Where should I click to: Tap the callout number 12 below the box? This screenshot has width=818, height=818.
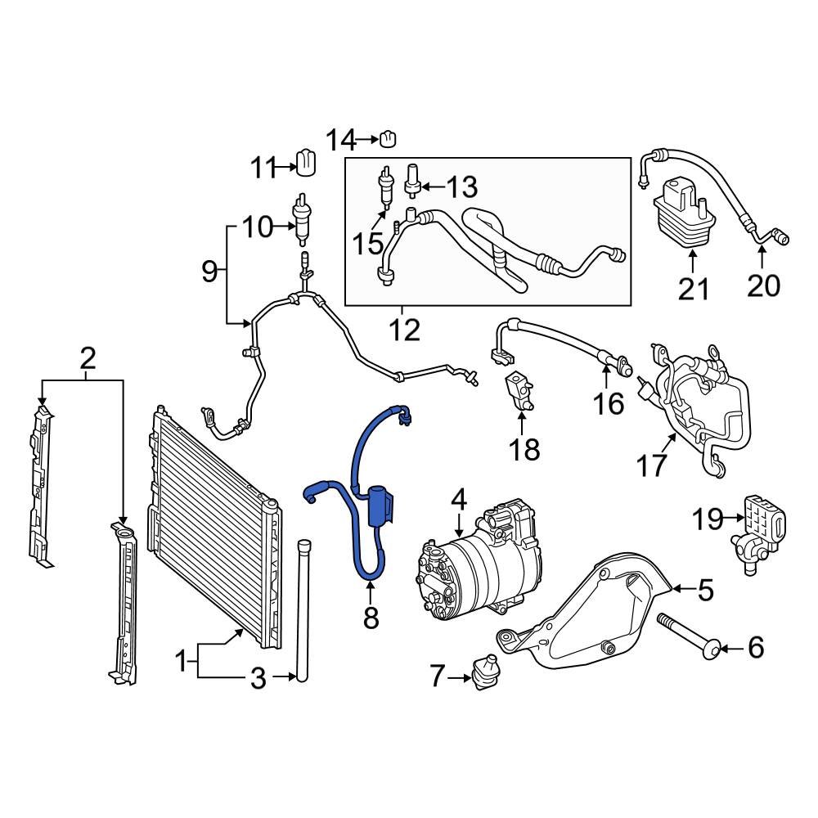[x=404, y=330]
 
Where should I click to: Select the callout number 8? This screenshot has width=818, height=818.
[x=371, y=618]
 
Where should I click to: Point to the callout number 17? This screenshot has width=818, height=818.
[x=651, y=465]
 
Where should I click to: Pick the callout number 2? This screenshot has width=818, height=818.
[x=88, y=357]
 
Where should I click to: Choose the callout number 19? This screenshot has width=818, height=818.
[x=708, y=518]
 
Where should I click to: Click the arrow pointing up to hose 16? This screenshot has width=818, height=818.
[x=605, y=378]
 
